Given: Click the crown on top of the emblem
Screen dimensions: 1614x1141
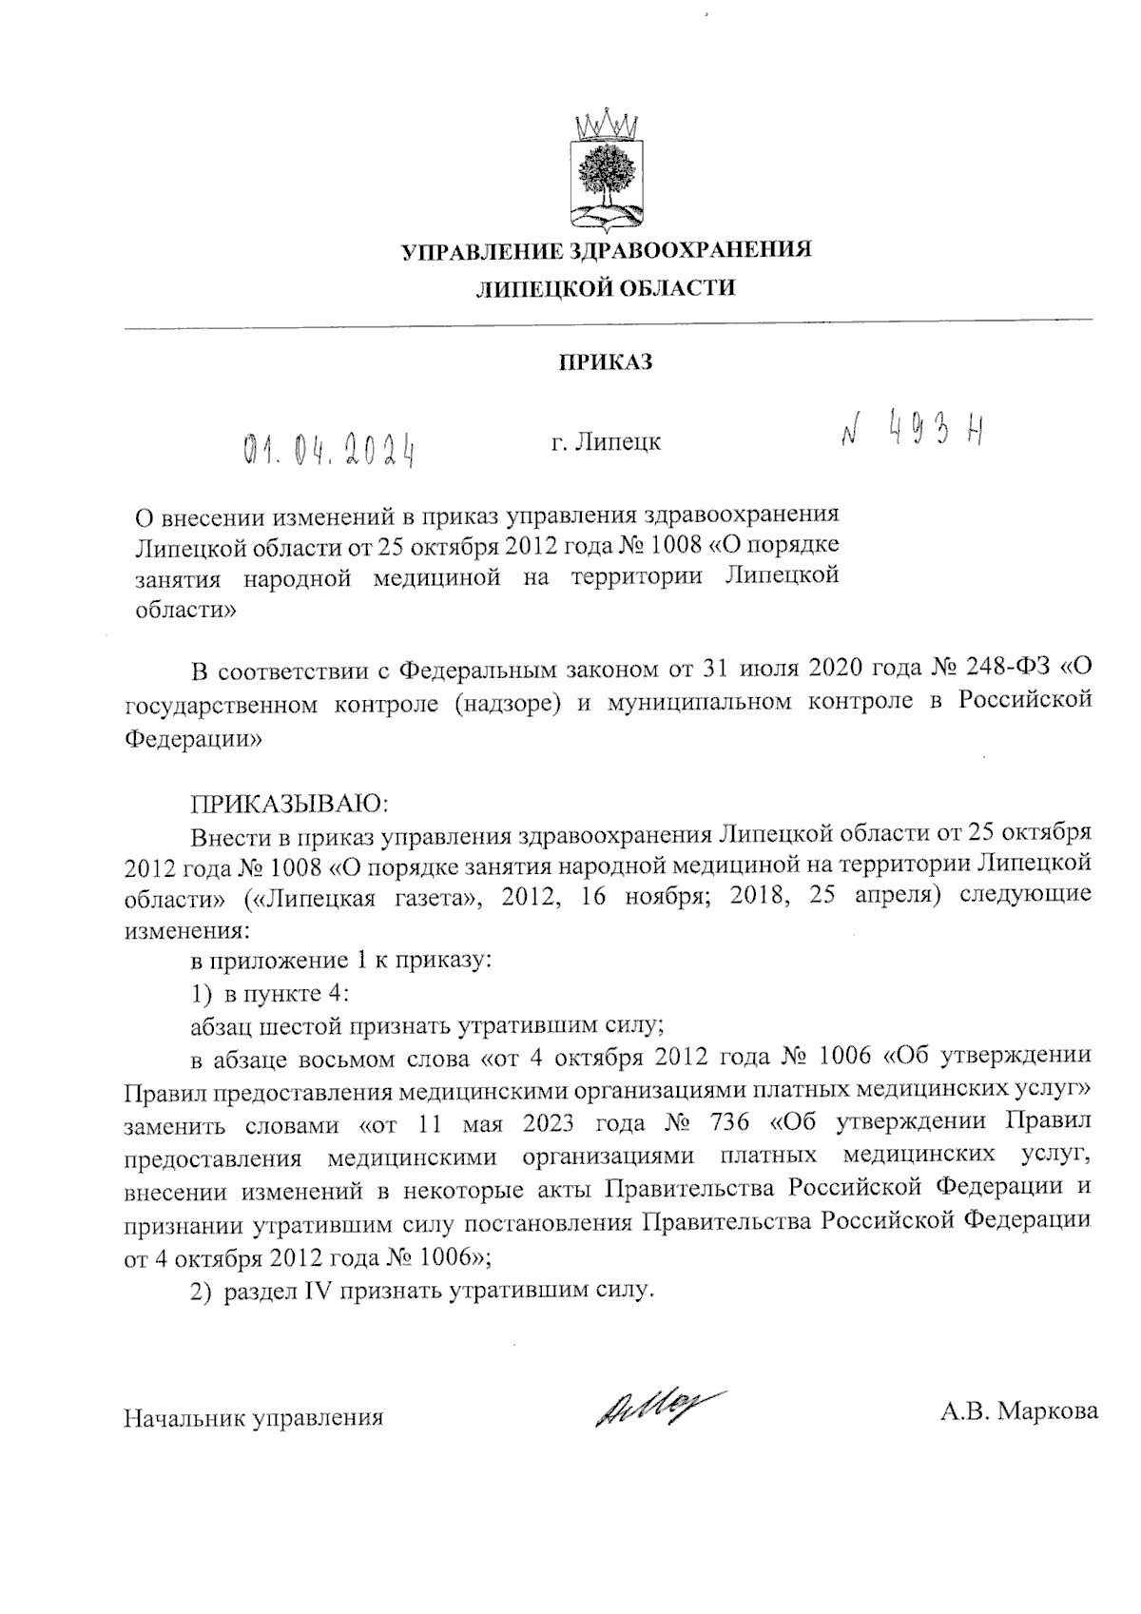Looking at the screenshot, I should pos(607,124).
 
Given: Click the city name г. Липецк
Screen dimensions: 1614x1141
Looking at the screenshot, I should pos(606,442).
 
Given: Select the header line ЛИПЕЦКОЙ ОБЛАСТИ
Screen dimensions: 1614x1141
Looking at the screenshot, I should pos(606,288).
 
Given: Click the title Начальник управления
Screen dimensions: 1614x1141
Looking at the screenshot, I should pos(254,1418).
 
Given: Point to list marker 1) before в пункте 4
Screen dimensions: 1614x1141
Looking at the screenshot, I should pos(200,994).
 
